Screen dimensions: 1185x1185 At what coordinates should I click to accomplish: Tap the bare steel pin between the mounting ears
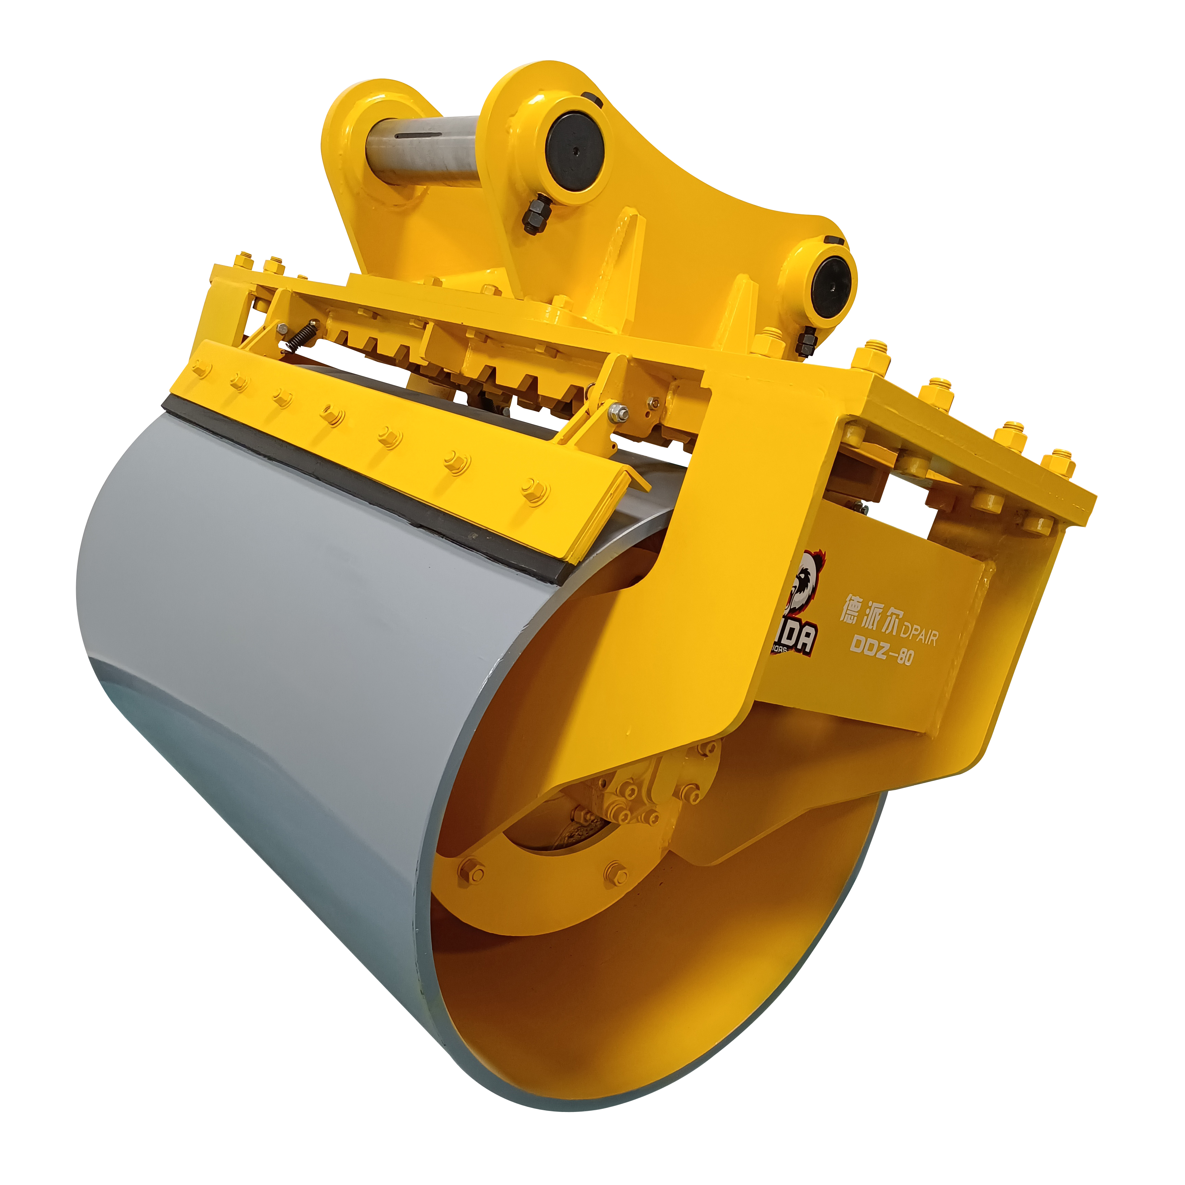(x=423, y=149)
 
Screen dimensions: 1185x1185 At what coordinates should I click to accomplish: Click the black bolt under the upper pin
(x=536, y=215)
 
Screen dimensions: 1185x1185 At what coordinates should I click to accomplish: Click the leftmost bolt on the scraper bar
(x=200, y=370)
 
